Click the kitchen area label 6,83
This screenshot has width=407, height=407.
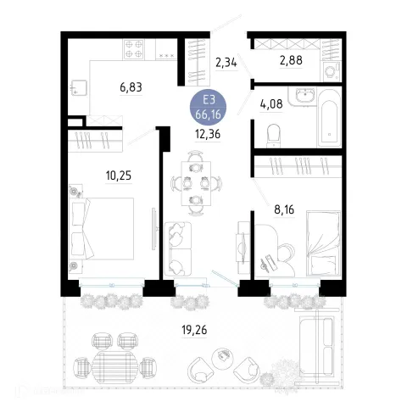(131, 87)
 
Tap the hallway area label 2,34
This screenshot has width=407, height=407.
(226, 62)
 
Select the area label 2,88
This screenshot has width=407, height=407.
(291, 60)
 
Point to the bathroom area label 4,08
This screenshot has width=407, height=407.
(271, 104)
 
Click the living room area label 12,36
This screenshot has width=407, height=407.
(208, 134)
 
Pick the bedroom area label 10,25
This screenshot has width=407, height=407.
(119, 176)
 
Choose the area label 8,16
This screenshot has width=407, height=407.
(284, 209)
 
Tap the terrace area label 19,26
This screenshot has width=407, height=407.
(194, 330)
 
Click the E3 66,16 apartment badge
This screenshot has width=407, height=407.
(208, 108)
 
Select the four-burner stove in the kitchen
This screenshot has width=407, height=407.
(134, 49)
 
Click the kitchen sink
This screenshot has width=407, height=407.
(79, 87)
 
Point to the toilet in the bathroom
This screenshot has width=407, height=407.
(273, 136)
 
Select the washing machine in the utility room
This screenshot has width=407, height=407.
(332, 71)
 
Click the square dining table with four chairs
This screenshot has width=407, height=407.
(196, 183)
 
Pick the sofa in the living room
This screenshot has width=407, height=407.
(178, 248)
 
